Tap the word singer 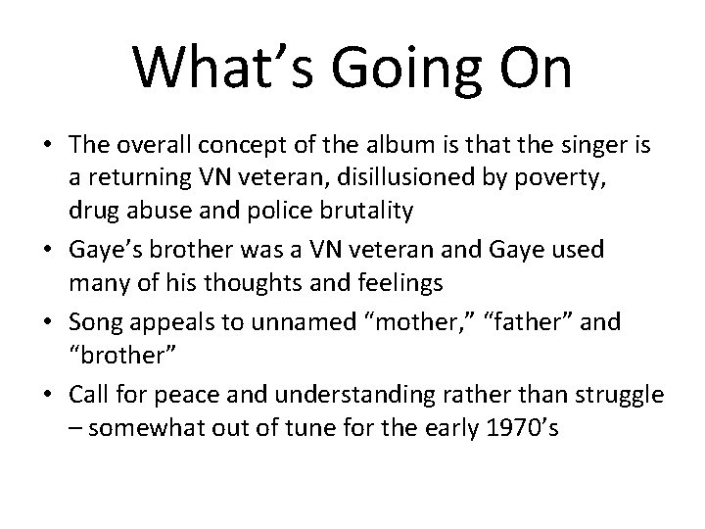point(579,146)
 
